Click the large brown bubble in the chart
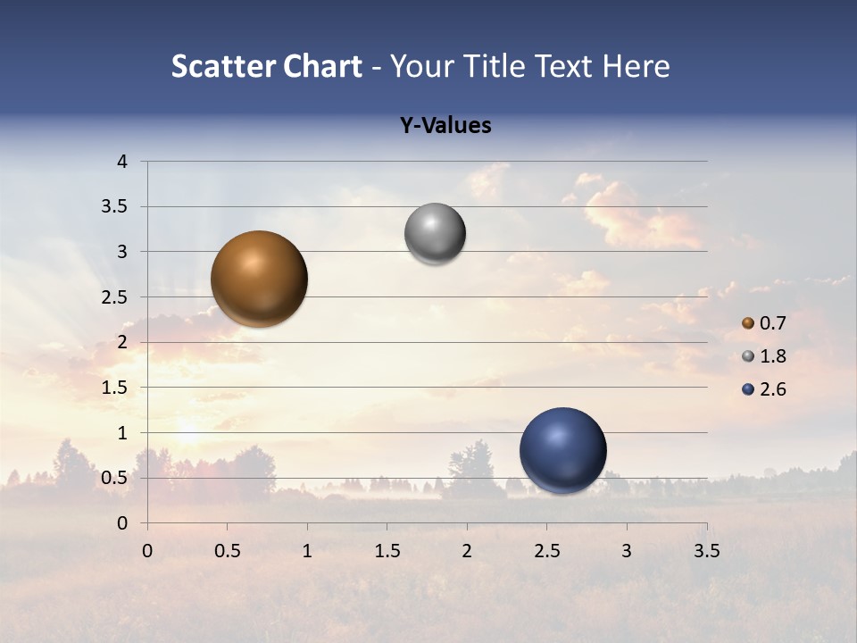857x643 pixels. tap(260, 279)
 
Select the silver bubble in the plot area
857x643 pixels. tap(435, 234)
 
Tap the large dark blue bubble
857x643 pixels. tap(562, 450)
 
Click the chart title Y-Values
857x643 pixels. tap(445, 126)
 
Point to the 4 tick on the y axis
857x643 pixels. tap(122, 162)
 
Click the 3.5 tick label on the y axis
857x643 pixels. tap(114, 207)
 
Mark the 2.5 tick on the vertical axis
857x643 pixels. tap(114, 297)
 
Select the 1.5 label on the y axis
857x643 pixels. tap(114, 388)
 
